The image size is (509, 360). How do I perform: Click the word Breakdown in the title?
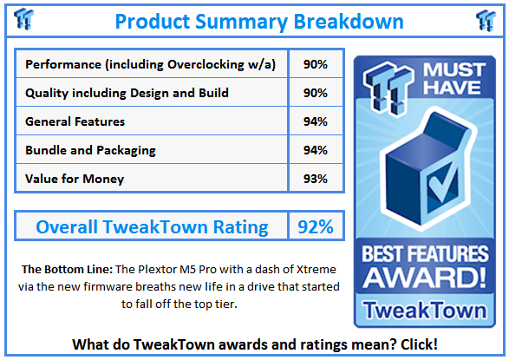pyautogui.click(x=349, y=22)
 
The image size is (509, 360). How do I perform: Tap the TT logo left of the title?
pyautogui.click(x=24, y=19)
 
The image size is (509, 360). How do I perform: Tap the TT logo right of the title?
pyautogui.click(x=486, y=21)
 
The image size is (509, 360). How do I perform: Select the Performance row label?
pyautogui.click(x=151, y=64)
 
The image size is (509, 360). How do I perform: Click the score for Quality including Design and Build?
pyautogui.click(x=316, y=93)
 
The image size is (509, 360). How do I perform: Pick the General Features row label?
pyautogui.click(x=75, y=121)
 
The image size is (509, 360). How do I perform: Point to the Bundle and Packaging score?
pyautogui.click(x=316, y=150)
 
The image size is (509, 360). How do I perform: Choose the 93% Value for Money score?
pyautogui.click(x=316, y=179)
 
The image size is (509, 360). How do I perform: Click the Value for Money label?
pyautogui.click(x=75, y=179)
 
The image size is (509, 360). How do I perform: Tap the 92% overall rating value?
pyautogui.click(x=316, y=226)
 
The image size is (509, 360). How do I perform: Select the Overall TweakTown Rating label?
pyautogui.click(x=153, y=226)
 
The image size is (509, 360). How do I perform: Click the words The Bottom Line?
pyautogui.click(x=67, y=270)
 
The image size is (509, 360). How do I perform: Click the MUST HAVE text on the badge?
pyautogui.click(x=454, y=79)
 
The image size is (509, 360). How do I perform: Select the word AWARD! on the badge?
pyautogui.click(x=425, y=278)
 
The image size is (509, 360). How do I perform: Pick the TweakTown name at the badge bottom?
pyautogui.click(x=425, y=310)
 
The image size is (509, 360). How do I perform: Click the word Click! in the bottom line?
pyautogui.click(x=419, y=344)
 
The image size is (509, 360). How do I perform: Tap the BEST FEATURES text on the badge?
pyautogui.click(x=425, y=253)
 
